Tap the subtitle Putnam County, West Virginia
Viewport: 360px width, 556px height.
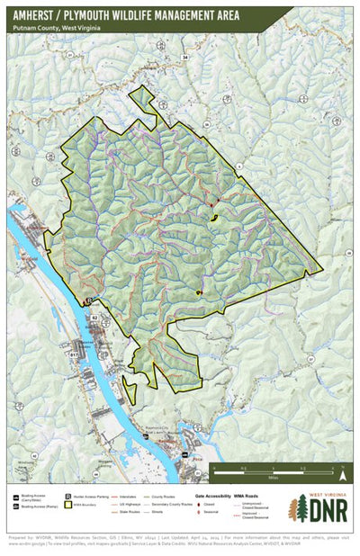pyautogui.click(x=57, y=29)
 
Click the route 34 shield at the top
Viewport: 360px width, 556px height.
pyautogui.click(x=185, y=58)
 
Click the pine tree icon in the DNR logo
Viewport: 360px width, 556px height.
pyautogui.click(x=297, y=508)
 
